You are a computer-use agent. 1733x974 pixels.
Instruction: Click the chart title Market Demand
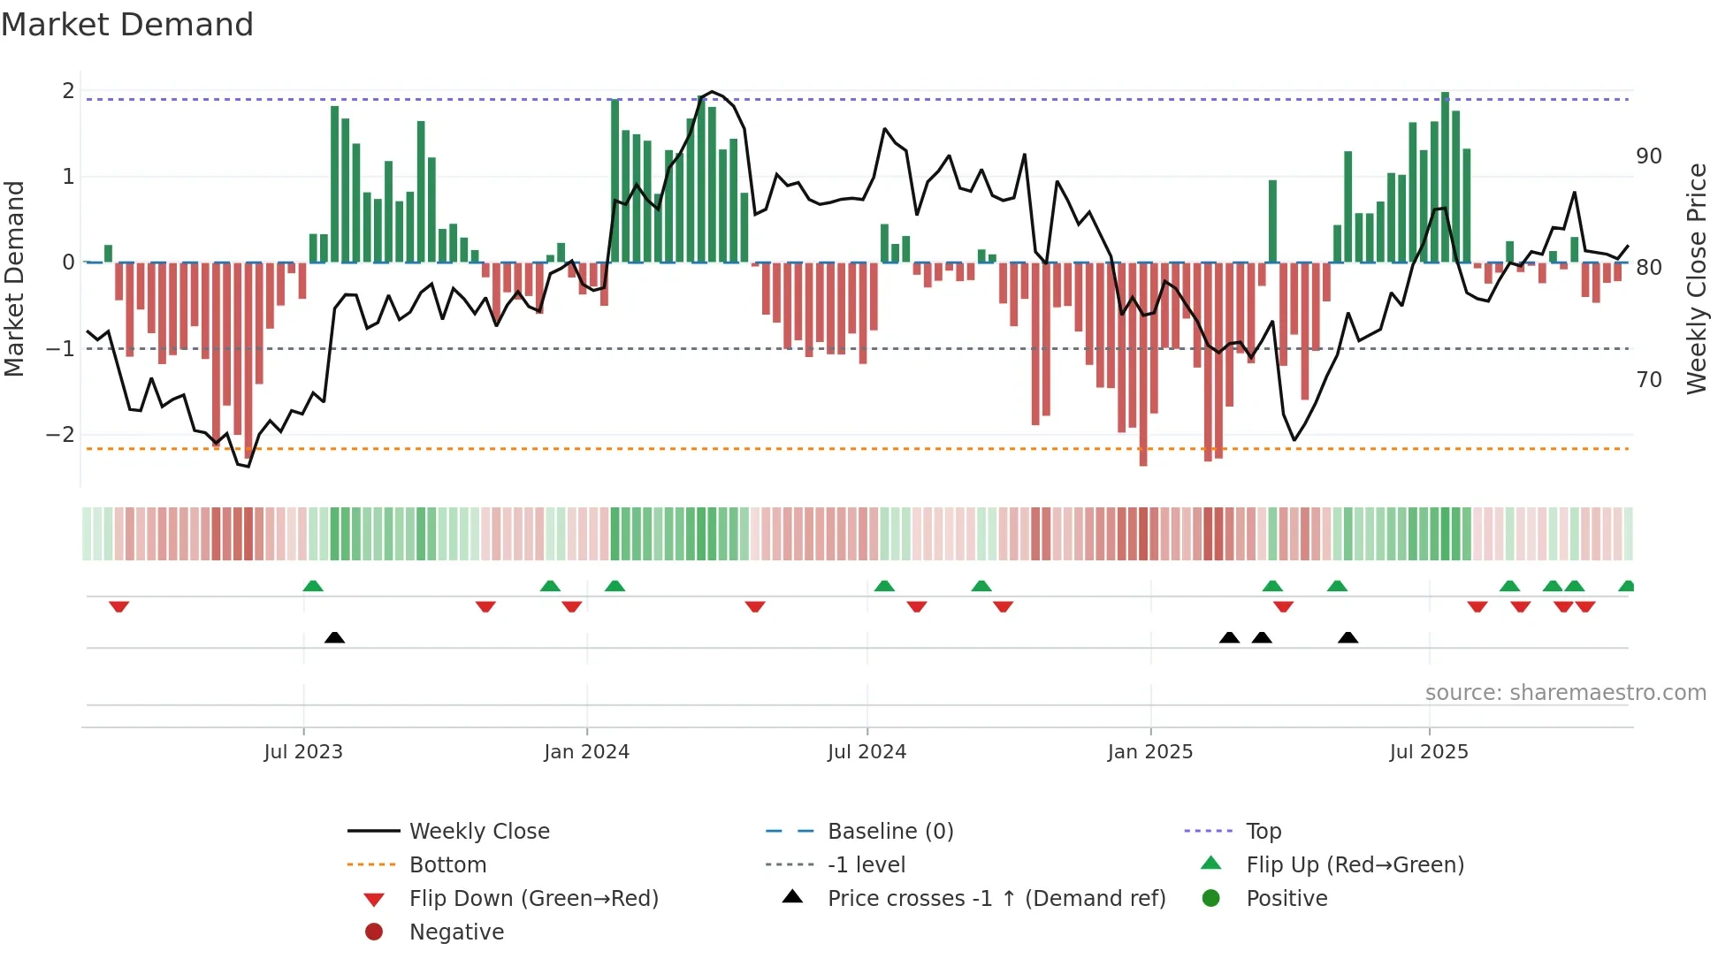pyautogui.click(x=127, y=25)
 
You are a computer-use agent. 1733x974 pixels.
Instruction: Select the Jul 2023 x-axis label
pyautogui.click(x=303, y=752)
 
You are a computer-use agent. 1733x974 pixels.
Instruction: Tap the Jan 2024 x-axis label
pyautogui.click(x=586, y=752)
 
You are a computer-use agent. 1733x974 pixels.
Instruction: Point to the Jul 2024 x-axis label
pyautogui.click(x=866, y=752)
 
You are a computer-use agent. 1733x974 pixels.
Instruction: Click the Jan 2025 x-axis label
pyautogui.click(x=1149, y=752)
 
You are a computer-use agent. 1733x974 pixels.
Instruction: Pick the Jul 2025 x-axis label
pyautogui.click(x=1429, y=752)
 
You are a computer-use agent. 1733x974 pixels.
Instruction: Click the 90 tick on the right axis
pyautogui.click(x=1648, y=156)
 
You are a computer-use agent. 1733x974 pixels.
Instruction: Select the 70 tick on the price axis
pyautogui.click(x=1648, y=380)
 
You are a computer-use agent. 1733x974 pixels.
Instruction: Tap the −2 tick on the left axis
pyautogui.click(x=60, y=435)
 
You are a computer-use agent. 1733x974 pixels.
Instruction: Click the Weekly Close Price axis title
pyautogui.click(x=1696, y=278)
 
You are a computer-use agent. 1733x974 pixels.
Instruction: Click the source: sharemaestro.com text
pyautogui.click(x=1565, y=693)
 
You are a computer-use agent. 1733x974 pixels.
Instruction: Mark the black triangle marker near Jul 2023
pyautogui.click(x=334, y=637)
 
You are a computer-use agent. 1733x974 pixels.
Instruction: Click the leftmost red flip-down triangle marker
pyautogui.click(x=119, y=606)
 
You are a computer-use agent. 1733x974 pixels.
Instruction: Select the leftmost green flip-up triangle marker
pyautogui.click(x=313, y=586)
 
